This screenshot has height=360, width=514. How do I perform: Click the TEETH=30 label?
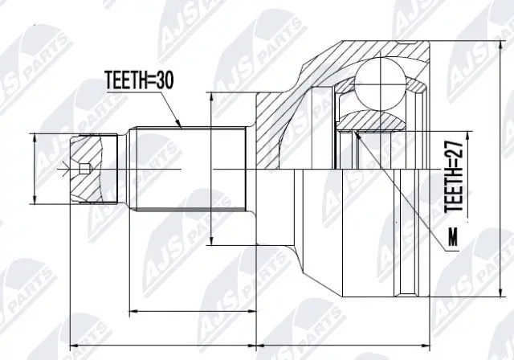[138, 80]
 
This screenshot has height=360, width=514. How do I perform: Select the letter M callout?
[454, 238]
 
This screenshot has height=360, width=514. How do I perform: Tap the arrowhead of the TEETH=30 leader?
[182, 126]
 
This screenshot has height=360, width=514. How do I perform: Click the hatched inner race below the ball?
[373, 121]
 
